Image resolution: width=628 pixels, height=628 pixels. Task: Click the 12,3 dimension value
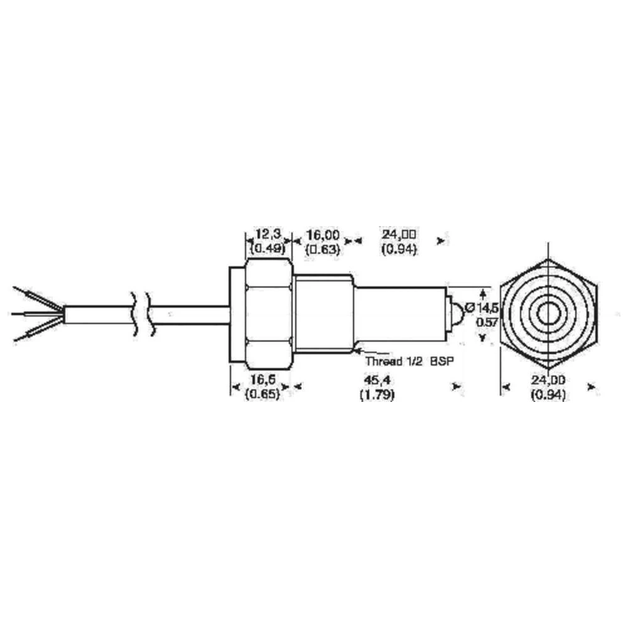pos(268,234)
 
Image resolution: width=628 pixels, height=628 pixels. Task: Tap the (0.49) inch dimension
pos(268,248)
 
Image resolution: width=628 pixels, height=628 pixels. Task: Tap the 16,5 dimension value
pos(263,381)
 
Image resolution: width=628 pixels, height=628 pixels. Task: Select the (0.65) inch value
pos(263,395)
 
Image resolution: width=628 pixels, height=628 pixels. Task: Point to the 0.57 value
pos(485,322)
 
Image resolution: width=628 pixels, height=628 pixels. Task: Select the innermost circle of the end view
pos(549,313)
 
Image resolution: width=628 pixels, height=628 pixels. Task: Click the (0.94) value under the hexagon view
pos(549,395)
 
